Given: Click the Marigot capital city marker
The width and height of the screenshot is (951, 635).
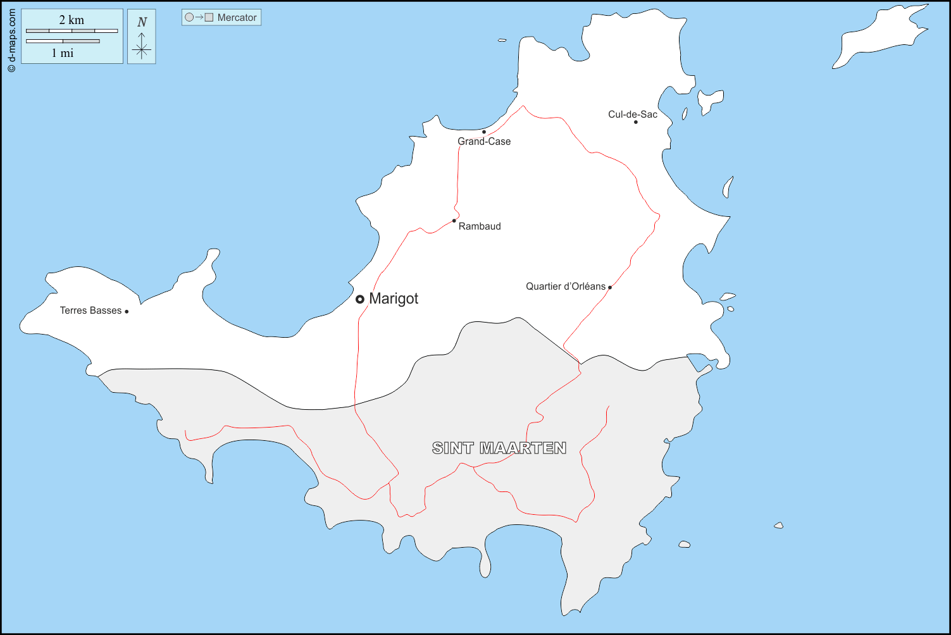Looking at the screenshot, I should pos(360,299).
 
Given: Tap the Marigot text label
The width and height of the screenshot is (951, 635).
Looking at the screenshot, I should pos(394,299).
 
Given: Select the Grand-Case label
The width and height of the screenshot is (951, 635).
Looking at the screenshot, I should pos(484,142).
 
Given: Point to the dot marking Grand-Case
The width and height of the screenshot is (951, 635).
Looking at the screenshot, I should pos(484,132).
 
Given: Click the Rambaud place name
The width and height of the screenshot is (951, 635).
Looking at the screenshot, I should pos(480,226).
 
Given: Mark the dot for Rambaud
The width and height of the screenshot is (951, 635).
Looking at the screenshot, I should pos(454,221).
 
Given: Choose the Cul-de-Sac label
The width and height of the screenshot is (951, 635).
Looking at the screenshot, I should pos(633,114).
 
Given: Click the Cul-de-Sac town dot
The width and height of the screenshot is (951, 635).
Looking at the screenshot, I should pos(636,122).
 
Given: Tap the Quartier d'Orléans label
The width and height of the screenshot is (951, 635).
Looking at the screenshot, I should pos(566,287).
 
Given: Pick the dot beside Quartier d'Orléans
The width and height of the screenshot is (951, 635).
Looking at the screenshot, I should pos(610,287).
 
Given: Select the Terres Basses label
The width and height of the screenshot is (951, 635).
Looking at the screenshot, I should pos(90,311).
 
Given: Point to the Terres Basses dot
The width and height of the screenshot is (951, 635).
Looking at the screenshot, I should pos(127,311).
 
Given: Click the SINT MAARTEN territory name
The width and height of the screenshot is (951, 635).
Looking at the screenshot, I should pos(499,448).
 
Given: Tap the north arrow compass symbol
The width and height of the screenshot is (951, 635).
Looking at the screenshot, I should pos(142,46).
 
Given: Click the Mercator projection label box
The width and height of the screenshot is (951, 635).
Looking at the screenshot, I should pos(221,18).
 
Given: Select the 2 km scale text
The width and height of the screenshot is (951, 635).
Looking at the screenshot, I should pos(71,20).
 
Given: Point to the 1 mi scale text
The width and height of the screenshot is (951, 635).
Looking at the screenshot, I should pos(63,53).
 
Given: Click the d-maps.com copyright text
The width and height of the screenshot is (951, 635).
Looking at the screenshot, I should pos(11,40).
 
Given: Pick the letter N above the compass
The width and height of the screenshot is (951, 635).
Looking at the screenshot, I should pos(142,22).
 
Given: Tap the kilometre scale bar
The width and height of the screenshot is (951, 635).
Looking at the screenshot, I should pos(72,31).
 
